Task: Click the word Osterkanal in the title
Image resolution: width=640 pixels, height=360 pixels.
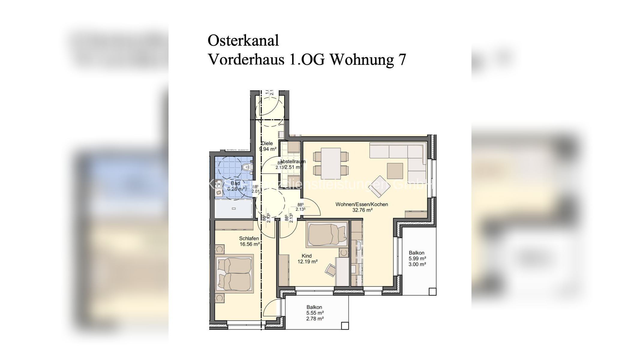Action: (243, 40)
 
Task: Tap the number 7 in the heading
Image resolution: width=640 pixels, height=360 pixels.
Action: (402, 59)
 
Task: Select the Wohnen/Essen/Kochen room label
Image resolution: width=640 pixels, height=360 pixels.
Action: (361, 204)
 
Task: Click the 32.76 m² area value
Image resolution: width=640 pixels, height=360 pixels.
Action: (362, 210)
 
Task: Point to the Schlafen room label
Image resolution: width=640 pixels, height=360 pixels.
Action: (249, 238)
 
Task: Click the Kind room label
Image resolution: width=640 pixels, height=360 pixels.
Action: (307, 256)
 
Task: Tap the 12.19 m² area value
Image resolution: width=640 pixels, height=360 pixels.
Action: (307, 262)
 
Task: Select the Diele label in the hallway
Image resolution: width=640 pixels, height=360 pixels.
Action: (267, 143)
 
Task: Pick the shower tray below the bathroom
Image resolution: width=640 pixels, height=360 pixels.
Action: (234, 208)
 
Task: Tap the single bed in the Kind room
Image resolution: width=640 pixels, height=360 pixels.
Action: (327, 235)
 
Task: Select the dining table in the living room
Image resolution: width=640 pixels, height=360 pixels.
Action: (331, 163)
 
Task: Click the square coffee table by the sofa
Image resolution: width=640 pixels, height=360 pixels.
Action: (395, 171)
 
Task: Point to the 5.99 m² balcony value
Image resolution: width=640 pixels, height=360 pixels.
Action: (417, 259)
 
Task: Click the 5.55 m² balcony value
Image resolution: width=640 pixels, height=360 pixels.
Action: (315, 313)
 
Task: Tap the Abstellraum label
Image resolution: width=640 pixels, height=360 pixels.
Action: (293, 161)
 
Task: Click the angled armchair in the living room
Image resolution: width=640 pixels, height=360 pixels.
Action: (379, 187)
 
